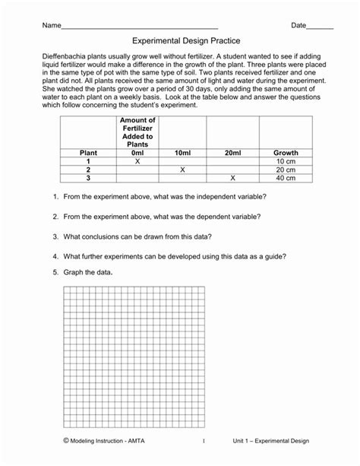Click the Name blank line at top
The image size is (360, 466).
[139, 27]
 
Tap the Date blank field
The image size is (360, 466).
[321, 27]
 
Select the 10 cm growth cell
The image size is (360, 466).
[286, 161]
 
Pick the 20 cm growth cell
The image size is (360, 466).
[286, 170]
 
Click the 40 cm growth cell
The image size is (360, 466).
[286, 178]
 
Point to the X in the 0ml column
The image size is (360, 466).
[137, 161]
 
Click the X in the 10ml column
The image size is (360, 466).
[183, 170]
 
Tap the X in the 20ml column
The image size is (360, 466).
[232, 178]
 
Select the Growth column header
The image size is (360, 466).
[286, 153]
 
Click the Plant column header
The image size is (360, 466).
[88, 153]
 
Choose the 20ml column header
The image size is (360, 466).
[232, 153]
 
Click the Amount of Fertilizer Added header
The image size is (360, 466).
[137, 133]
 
